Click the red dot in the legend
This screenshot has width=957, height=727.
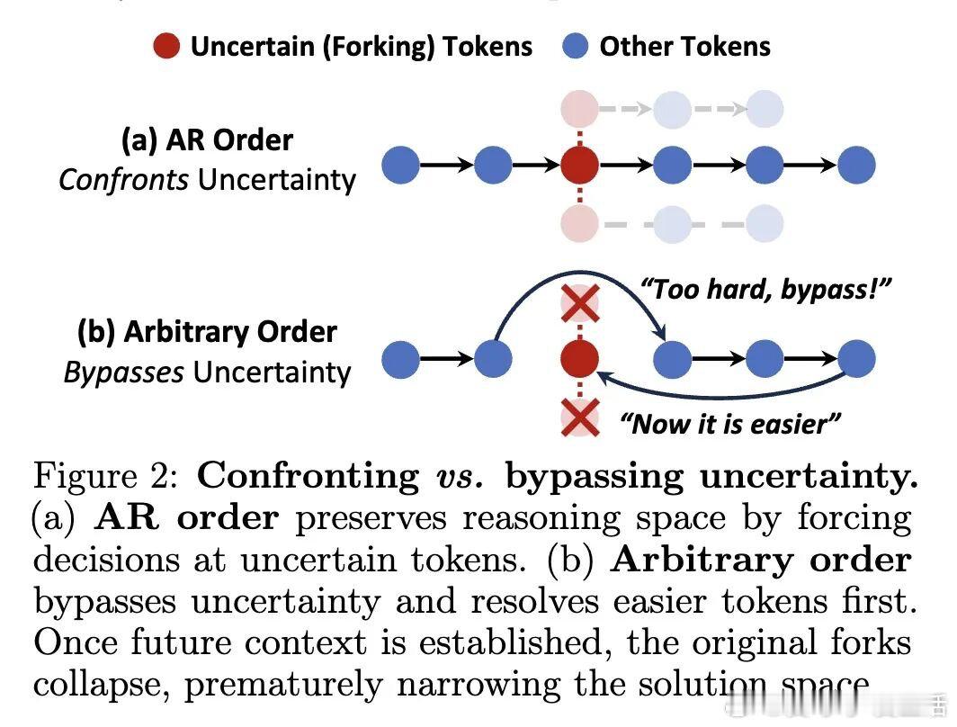coord(168,45)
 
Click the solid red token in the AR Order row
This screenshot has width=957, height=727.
coord(580,165)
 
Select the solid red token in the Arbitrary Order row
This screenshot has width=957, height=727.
coord(580,360)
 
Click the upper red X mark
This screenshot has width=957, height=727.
coord(580,304)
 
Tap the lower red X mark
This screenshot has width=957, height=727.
coord(580,417)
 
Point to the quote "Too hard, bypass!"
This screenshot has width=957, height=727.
coord(764,290)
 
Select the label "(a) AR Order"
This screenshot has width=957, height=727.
coord(207,140)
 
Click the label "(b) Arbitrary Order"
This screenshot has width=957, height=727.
coord(207,332)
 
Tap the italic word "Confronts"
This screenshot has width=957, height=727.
coord(124,180)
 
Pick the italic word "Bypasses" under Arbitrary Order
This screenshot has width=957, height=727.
coord(124,372)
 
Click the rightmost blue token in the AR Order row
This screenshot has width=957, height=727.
coord(856,165)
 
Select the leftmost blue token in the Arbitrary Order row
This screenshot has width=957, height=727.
coord(401,360)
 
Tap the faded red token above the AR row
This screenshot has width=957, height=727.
coord(580,109)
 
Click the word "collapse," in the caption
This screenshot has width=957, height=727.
coord(103,686)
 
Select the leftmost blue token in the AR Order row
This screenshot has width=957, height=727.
coord(401,165)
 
